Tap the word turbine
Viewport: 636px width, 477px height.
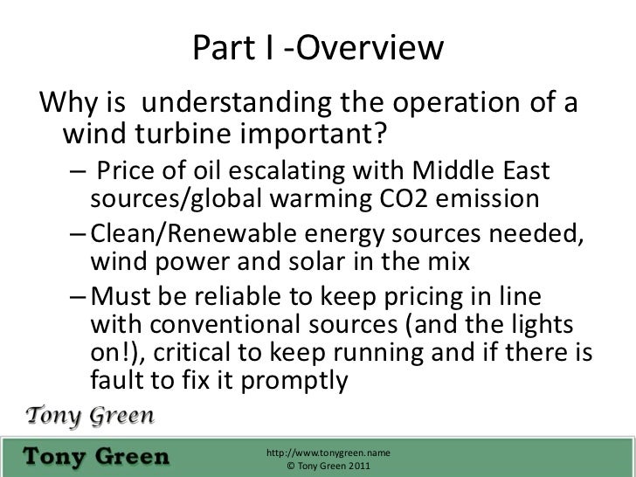click(x=194, y=136)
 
